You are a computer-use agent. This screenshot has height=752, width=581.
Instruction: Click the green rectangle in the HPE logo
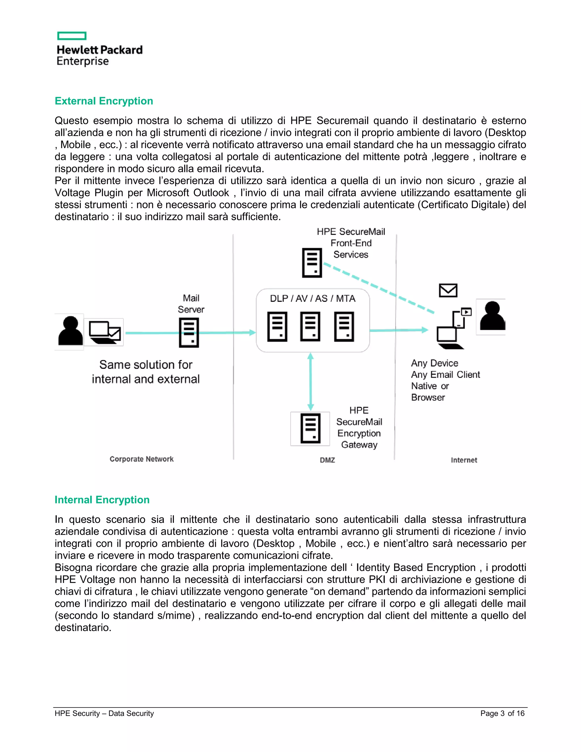tap(71, 36)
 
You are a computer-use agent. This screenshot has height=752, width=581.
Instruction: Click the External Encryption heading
tap(104, 101)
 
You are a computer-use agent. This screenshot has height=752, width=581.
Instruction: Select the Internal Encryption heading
tap(102, 500)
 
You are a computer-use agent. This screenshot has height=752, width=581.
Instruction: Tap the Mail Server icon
tap(189, 332)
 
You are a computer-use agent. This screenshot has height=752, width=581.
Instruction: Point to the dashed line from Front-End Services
tap(379, 289)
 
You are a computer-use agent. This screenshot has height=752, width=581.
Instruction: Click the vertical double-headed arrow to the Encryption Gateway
tap(310, 381)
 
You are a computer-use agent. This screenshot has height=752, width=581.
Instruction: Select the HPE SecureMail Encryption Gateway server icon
tap(310, 429)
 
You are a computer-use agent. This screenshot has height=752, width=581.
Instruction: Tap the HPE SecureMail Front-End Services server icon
tap(312, 263)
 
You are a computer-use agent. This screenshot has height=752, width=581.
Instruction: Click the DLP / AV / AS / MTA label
tap(313, 299)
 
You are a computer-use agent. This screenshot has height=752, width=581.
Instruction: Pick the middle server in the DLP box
tap(310, 326)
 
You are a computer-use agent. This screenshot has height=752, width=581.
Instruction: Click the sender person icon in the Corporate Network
tap(70, 331)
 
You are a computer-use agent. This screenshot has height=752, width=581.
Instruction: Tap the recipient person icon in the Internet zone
tap(492, 316)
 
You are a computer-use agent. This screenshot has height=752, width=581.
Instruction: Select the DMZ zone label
tap(327, 460)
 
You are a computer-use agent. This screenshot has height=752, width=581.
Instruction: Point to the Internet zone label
tap(464, 460)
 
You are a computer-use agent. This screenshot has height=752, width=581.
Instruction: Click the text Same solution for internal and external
tap(146, 372)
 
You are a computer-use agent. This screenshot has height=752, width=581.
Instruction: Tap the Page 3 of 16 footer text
tap(502, 713)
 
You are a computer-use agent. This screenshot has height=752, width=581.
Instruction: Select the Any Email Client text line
tap(445, 375)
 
